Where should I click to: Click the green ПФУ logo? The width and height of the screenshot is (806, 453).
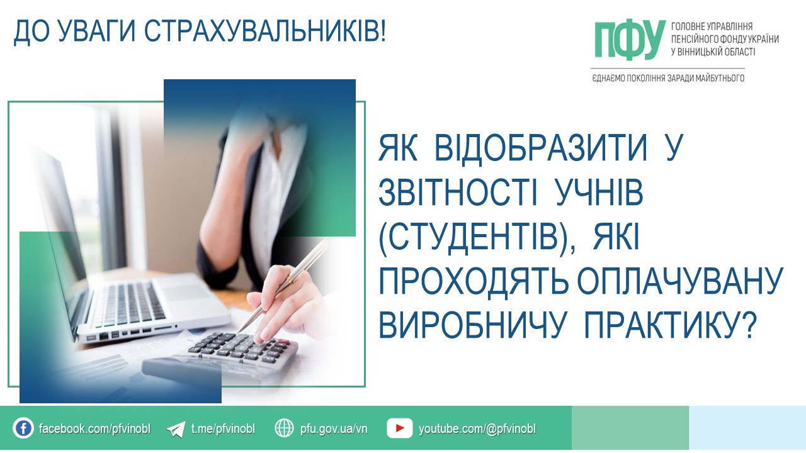tap(630, 40)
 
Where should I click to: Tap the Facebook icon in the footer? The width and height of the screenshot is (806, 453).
tap(23, 428)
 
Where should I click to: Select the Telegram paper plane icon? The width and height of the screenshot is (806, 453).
tap(176, 429)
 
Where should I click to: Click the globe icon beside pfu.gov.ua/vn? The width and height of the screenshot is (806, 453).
tap(284, 428)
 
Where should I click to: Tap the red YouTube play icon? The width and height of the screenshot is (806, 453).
tap(399, 428)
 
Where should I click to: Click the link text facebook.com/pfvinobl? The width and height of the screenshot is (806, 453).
tap(94, 428)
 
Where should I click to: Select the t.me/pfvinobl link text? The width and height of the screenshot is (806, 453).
tap(223, 428)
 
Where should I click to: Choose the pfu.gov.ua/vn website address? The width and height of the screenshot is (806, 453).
tap(334, 429)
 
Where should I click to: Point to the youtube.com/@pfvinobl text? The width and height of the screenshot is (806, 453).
tap(477, 429)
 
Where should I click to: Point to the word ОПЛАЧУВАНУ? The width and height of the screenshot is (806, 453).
tap(681, 281)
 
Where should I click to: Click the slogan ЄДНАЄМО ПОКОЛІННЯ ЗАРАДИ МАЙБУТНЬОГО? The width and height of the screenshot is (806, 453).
tap(668, 78)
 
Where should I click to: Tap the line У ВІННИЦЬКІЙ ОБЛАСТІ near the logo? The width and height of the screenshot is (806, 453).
tap(713, 52)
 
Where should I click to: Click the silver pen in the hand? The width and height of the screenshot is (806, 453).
tap(283, 286)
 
